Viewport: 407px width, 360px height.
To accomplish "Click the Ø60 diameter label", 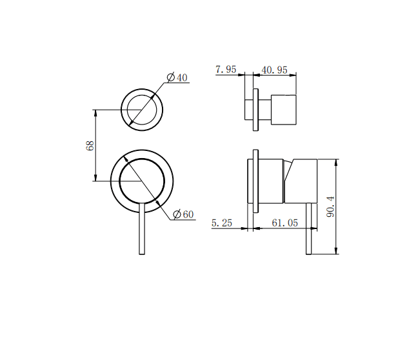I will click(x=183, y=215).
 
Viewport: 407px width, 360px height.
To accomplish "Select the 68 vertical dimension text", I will click(x=90, y=146).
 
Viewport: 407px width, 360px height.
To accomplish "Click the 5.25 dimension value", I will click(x=222, y=223).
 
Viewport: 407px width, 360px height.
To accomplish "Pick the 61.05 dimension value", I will click(x=284, y=223).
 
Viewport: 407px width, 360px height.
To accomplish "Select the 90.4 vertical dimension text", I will click(x=331, y=206).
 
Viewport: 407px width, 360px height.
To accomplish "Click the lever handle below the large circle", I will click(x=141, y=232).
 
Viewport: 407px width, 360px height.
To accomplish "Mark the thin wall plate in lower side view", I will click(x=256, y=181).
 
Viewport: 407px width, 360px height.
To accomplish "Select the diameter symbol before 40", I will click(x=171, y=78).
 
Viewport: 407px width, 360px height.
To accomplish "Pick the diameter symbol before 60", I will click(x=177, y=215).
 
